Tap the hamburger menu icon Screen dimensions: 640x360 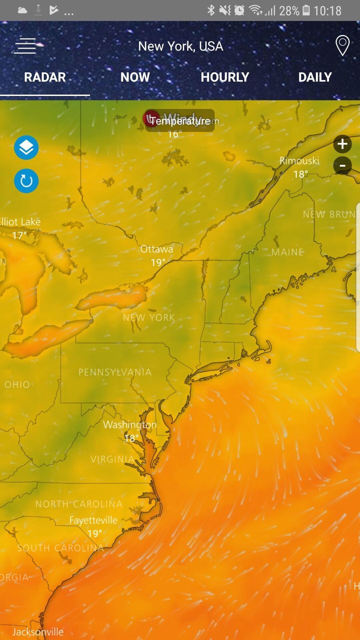point(25,46)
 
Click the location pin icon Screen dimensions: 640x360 point(342,46)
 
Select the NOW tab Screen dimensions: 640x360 point(135,77)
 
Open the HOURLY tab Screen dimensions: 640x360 point(225,77)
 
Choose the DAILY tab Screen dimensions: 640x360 point(315,77)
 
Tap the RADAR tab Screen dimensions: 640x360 point(45,77)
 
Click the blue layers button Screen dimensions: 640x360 point(26,148)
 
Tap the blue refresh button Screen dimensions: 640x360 point(26,181)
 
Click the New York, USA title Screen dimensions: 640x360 point(180,46)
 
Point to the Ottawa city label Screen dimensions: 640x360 point(157,249)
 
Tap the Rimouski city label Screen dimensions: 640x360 point(299,161)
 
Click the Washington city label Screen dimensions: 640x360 point(130,425)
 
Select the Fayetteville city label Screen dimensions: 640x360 point(93,520)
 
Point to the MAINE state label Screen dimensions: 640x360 point(287,252)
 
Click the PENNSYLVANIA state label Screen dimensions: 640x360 point(115,372)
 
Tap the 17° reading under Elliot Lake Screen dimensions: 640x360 point(19,236)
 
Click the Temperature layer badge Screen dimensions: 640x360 point(180,121)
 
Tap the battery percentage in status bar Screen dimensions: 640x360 point(289,11)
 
